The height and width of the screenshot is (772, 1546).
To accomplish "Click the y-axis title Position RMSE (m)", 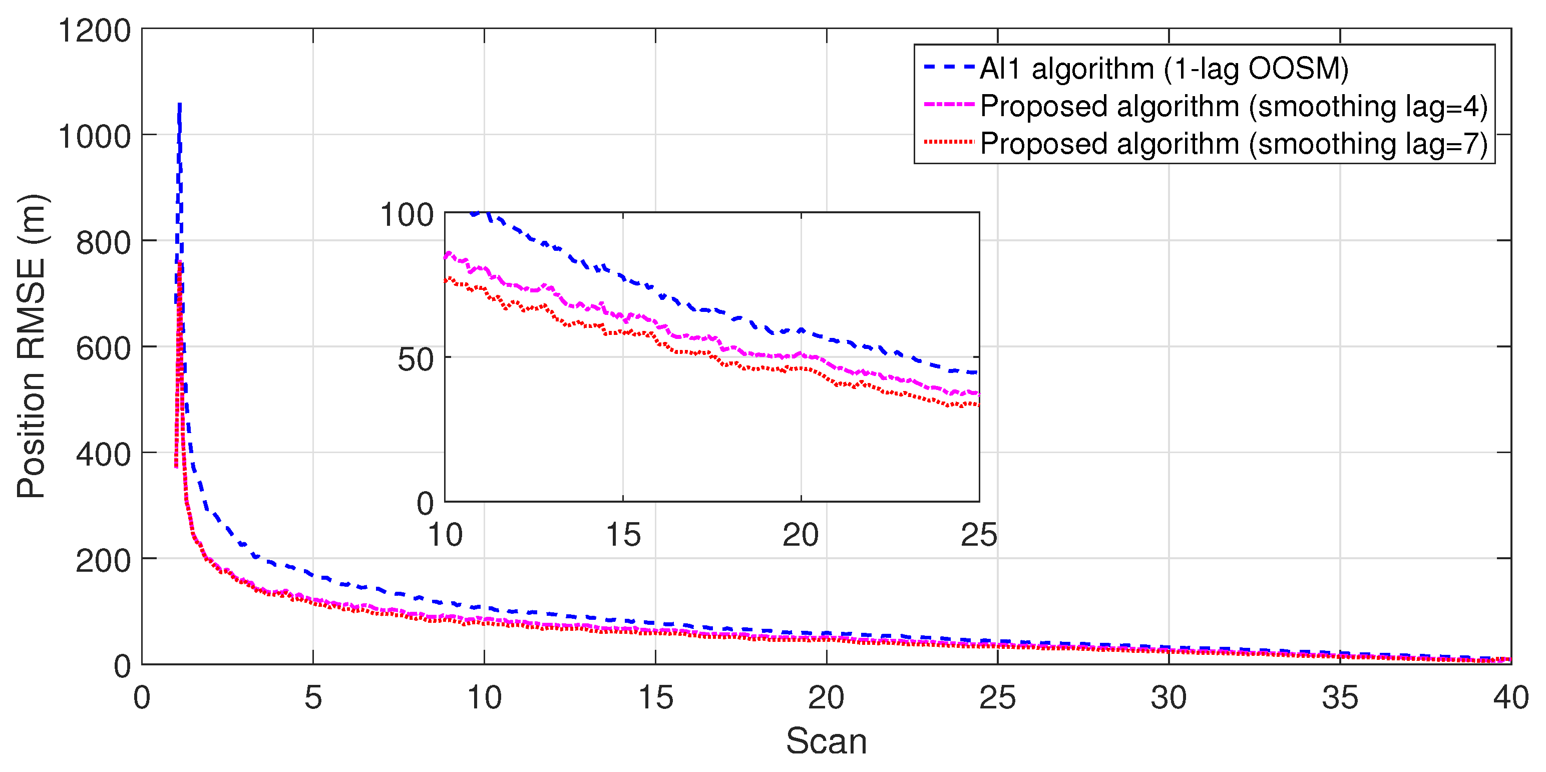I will [x=31, y=346].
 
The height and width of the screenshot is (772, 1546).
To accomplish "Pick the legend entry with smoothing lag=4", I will [x=1233, y=106].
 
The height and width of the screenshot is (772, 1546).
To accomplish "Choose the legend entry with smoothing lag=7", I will [x=1233, y=144].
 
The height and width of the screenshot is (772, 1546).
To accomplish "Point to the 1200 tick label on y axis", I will [x=94, y=30].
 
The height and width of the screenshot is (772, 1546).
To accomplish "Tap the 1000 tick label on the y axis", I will [x=94, y=136].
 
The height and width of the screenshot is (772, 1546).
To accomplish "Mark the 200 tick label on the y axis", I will [x=103, y=560].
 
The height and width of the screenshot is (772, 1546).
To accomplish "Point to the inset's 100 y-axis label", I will [x=407, y=214].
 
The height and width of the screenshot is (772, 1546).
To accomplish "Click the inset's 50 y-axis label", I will [x=416, y=359].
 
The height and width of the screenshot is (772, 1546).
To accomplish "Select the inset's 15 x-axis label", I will [x=622, y=535].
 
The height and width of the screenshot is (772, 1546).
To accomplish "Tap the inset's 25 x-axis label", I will [x=978, y=535].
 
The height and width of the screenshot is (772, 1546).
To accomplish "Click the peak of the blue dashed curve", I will [x=179, y=105].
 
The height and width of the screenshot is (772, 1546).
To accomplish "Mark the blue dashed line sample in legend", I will [x=948, y=67].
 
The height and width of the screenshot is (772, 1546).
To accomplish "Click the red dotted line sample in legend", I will [x=948, y=142].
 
